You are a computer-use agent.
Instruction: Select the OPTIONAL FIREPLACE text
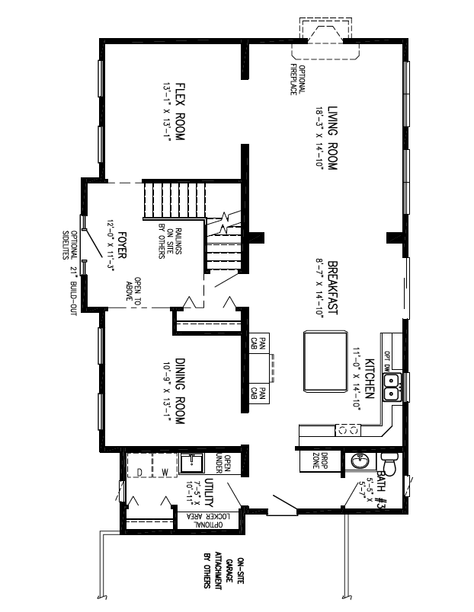click(x=296, y=78)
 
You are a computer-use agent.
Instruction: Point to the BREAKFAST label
click(x=333, y=285)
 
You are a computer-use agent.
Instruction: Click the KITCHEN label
click(x=369, y=378)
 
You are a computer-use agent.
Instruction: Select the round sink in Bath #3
click(x=358, y=461)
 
